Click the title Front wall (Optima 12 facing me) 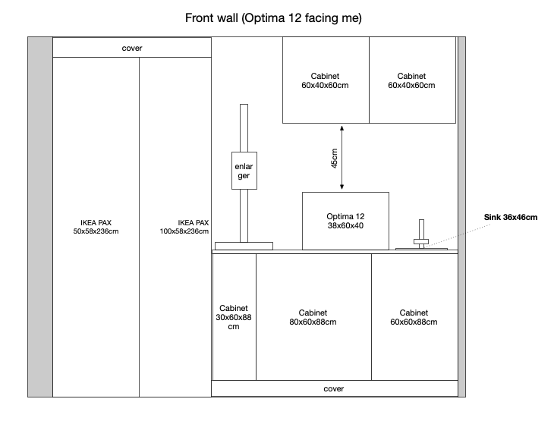coord(272,17)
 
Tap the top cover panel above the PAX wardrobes coord(132,48)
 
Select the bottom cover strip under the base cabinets coord(334,388)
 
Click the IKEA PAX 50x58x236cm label coord(95,227)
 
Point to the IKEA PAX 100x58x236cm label coord(185,227)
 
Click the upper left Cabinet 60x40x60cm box coord(326,80)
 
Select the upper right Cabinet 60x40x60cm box coord(412,80)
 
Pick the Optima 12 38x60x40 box coord(345,221)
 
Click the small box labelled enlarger coord(244,171)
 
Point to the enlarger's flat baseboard coord(244,246)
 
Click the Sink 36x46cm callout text coord(511,218)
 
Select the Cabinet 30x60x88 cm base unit coord(234,317)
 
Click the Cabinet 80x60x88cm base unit coord(313,317)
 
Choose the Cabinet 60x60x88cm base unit coord(414,317)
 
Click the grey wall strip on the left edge coord(40,216)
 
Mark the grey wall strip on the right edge coord(461,216)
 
